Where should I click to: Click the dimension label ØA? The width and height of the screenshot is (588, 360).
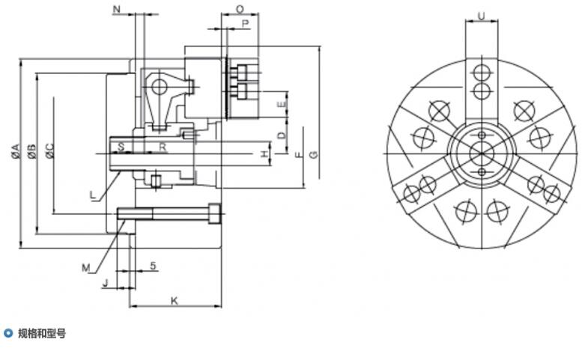[15, 150]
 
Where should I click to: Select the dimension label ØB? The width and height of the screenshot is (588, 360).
[32, 151]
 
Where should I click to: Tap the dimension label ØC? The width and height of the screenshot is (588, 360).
[49, 150]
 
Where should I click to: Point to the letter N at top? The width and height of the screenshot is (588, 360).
[117, 9]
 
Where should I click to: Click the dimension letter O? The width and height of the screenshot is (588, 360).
[240, 9]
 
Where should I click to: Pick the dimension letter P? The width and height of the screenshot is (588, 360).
[245, 24]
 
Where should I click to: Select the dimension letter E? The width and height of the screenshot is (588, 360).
[282, 105]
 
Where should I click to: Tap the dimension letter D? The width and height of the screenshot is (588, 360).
[282, 135]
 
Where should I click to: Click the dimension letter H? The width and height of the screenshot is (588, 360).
[264, 153]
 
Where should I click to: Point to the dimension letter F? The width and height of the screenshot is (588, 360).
[299, 154]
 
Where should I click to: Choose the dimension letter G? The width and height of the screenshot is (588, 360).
[314, 154]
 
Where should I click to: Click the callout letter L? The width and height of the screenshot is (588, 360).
[93, 195]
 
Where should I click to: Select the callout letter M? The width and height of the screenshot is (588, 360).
[86, 268]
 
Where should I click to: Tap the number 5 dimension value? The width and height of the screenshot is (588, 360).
[153, 266]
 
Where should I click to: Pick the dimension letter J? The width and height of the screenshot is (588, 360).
[106, 283]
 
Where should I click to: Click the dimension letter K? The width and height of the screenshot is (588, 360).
[175, 301]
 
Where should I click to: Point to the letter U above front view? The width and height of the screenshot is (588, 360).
[482, 16]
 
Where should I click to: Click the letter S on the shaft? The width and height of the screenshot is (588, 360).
[121, 147]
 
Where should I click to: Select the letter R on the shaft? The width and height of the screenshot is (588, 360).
[163, 147]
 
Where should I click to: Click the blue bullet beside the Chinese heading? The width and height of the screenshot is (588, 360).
[8, 332]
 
